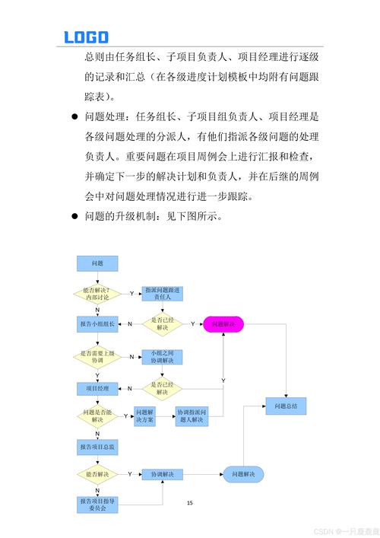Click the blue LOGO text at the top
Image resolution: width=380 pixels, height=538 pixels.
tap(86, 37)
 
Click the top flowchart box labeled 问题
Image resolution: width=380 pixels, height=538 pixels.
tap(97, 263)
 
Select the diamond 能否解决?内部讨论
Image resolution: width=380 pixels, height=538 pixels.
tap(97, 293)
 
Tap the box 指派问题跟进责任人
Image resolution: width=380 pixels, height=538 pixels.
tap(163, 294)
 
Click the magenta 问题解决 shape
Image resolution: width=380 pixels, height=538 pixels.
tap(223, 324)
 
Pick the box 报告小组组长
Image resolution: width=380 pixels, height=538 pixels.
tap(97, 324)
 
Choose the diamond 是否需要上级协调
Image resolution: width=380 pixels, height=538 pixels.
tap(97, 356)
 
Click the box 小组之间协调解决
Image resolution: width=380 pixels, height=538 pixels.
tap(163, 357)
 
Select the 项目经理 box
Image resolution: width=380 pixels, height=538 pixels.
tap(97, 388)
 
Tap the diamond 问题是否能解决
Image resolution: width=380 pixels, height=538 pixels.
tap(97, 416)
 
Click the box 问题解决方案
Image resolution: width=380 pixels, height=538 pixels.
tap(145, 416)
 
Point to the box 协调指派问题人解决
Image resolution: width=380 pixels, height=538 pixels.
tap(192, 416)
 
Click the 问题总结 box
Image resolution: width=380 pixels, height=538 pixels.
tap(286, 406)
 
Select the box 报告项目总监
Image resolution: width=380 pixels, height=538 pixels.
tap(97, 447)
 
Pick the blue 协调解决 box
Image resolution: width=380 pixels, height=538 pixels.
tap(163, 474)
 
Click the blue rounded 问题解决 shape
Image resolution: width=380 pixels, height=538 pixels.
tap(243, 474)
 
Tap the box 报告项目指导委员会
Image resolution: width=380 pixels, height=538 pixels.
tap(97, 504)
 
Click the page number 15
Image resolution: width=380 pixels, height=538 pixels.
tap(190, 503)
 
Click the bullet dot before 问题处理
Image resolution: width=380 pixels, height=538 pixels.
tap(74, 118)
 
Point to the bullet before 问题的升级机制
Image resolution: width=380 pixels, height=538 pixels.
tap(74, 216)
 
